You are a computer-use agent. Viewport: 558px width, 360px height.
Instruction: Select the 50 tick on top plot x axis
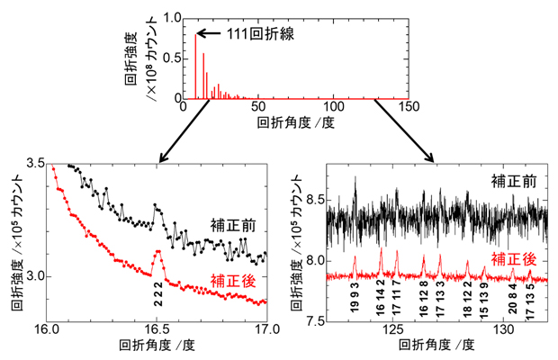(x=258, y=106)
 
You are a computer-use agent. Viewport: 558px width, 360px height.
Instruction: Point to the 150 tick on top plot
(x=409, y=106)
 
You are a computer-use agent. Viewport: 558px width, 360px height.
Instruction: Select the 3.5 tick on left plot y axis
(x=35, y=164)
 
